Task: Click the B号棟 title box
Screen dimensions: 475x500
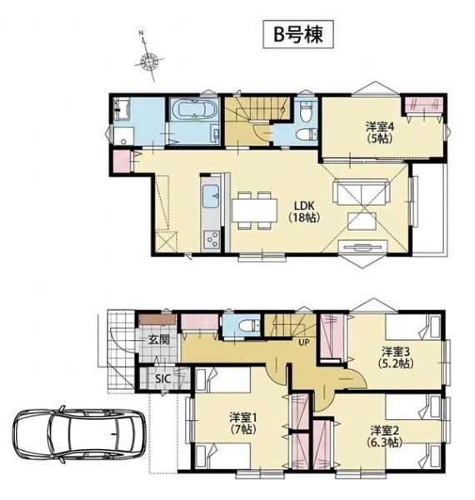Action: (298, 34)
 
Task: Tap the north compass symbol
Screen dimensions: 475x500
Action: (148, 60)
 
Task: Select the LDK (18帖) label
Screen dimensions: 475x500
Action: (304, 211)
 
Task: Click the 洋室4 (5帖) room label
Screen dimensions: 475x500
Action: (380, 132)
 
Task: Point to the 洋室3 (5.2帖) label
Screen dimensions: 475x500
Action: (396, 357)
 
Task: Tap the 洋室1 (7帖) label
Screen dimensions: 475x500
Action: (243, 423)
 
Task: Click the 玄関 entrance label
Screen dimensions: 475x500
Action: (158, 340)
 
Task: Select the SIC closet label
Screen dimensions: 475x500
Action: (162, 379)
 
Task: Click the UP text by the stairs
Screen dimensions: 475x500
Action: (304, 342)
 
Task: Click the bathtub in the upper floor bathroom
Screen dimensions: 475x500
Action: (194, 109)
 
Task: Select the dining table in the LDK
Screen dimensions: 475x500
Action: (254, 210)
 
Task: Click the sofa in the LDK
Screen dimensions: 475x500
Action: (361, 192)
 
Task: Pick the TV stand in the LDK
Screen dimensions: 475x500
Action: (362, 247)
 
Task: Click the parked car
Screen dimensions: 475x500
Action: (79, 434)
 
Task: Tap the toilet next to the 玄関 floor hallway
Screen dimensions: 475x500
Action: (251, 326)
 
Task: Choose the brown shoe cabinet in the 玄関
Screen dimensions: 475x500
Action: (157, 320)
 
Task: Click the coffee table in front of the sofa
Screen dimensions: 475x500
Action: (362, 222)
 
